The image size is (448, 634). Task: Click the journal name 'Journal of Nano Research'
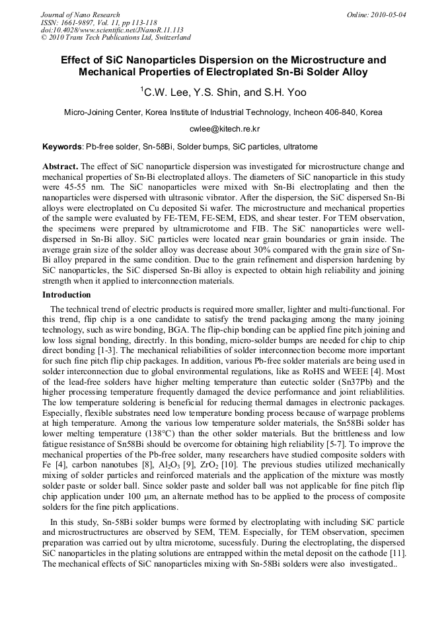click(x=81, y=14)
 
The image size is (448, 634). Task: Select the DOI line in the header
click(x=112, y=30)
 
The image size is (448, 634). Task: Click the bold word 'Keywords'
click(x=62, y=146)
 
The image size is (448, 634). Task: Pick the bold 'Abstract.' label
click(x=60, y=165)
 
